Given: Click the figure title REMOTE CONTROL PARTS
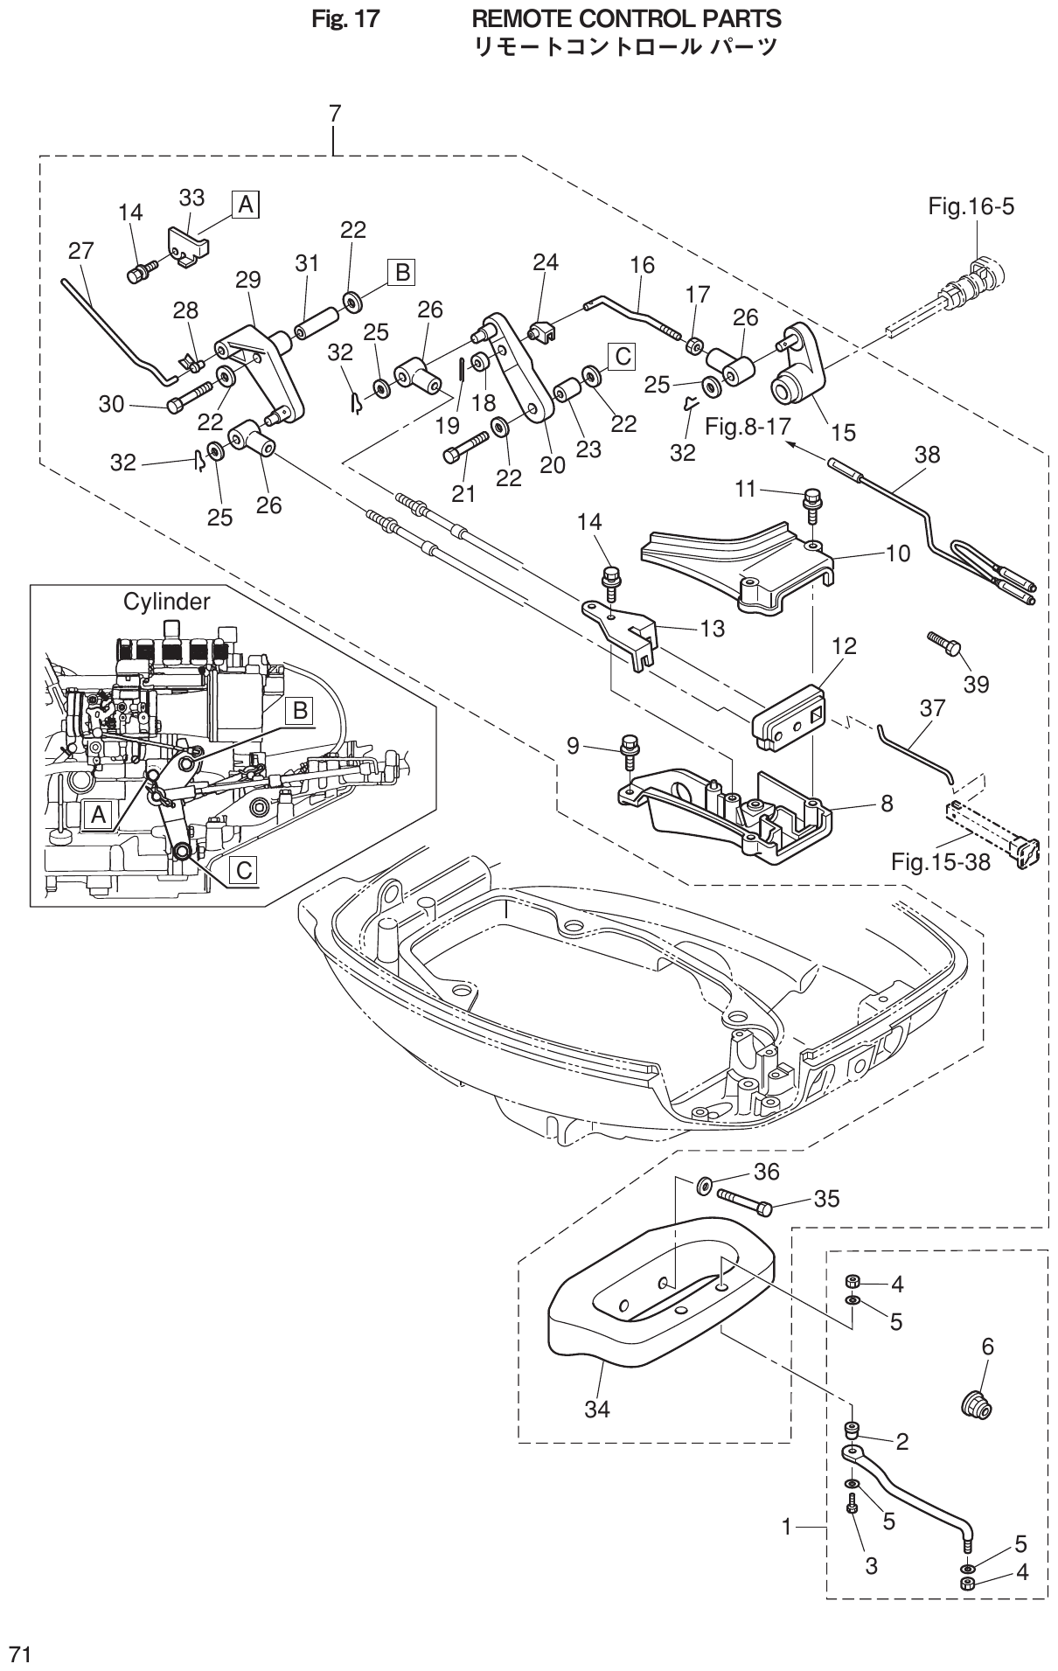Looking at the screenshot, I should (626, 17).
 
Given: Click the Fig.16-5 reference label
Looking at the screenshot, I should (971, 208).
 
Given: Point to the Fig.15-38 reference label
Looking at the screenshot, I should (941, 862).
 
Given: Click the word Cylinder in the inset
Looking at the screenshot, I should (166, 602).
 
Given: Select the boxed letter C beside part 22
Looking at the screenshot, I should (620, 356).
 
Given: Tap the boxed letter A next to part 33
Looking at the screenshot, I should (246, 205).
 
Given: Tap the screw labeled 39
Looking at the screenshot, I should (943, 644).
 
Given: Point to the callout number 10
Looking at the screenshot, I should (897, 553).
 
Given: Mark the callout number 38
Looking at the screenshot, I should (928, 456).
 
